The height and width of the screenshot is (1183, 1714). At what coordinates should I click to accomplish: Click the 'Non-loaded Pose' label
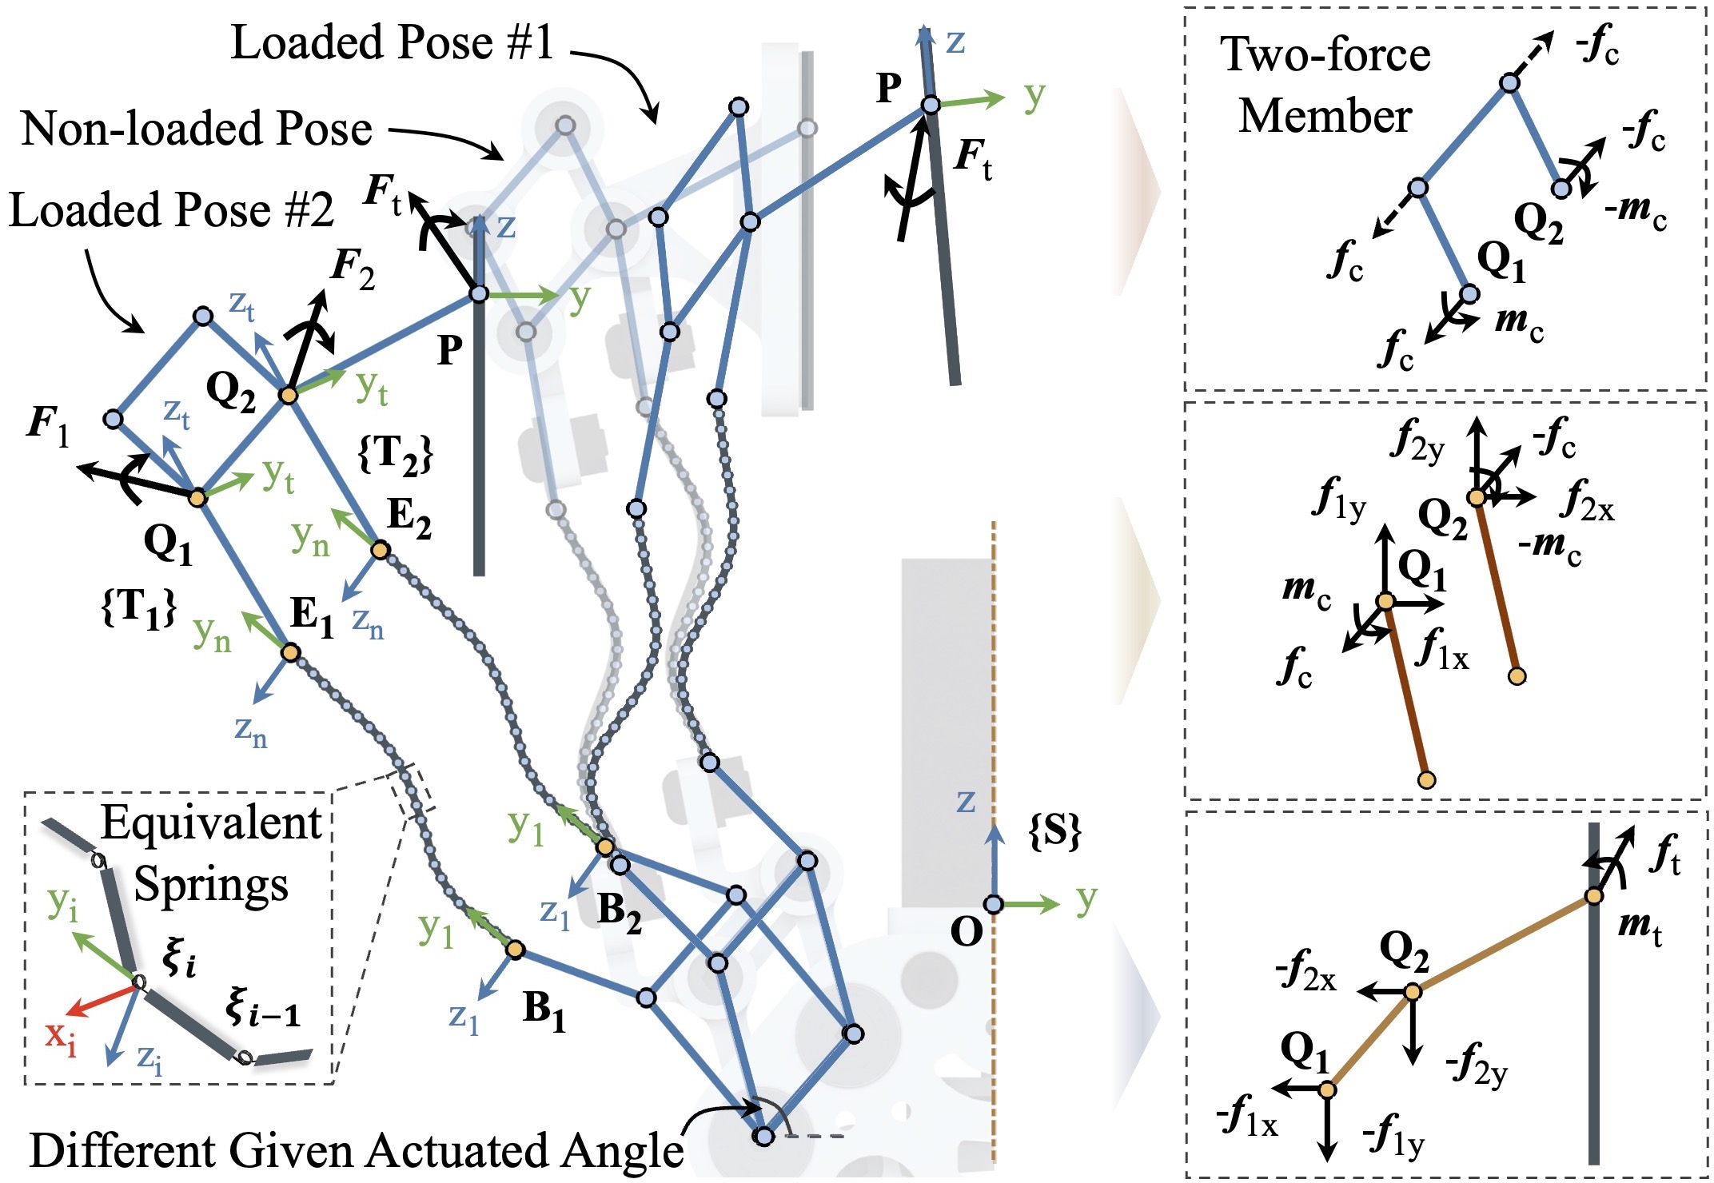click(x=197, y=128)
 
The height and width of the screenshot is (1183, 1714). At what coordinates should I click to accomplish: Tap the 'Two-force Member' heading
click(x=1325, y=85)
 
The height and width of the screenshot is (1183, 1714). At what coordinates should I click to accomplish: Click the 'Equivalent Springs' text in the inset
click(x=211, y=854)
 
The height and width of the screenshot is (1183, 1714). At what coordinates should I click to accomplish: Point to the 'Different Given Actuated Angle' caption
click(x=357, y=1151)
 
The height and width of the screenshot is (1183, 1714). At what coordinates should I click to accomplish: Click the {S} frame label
click(x=1054, y=831)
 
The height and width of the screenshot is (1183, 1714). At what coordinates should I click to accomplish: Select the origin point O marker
click(x=993, y=904)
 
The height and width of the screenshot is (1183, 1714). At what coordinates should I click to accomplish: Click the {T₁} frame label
click(x=138, y=609)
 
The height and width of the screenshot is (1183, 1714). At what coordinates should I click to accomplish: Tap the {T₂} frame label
click(x=396, y=455)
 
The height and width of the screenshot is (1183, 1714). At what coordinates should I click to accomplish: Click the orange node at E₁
click(x=290, y=653)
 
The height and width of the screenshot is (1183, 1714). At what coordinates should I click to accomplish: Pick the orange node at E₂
click(x=381, y=550)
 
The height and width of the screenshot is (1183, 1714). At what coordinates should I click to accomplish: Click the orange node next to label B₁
click(x=515, y=950)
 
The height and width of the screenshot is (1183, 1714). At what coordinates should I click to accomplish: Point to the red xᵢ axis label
click(x=61, y=1037)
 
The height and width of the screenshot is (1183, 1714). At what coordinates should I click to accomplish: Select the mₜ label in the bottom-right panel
click(x=1640, y=928)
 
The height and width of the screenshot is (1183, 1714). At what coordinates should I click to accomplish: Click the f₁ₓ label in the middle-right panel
click(x=1442, y=648)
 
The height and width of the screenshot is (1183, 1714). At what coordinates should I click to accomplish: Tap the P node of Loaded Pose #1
click(x=931, y=105)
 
